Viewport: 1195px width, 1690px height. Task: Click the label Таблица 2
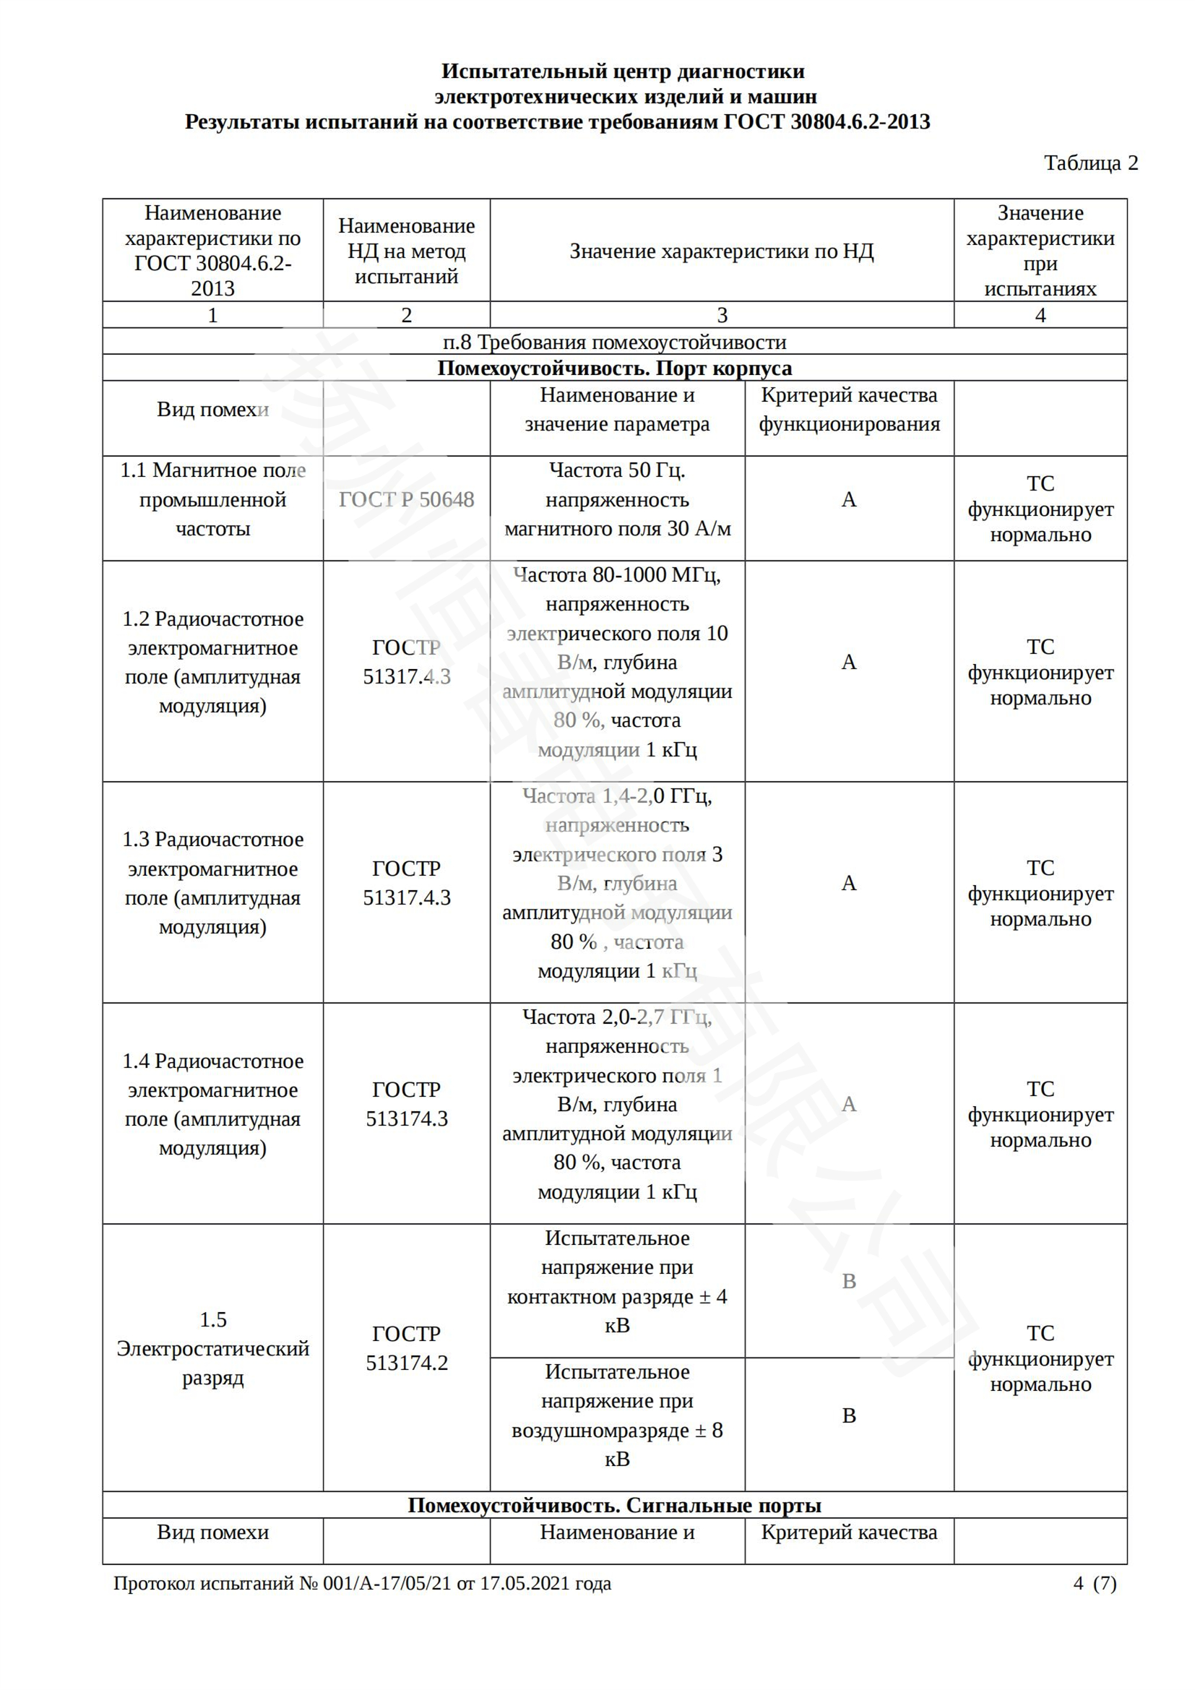[x=1090, y=163]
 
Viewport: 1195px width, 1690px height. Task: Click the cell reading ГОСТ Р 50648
[x=406, y=500]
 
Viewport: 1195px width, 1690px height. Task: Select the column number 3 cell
[x=722, y=315]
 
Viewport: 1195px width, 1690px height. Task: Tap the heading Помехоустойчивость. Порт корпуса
[x=614, y=368]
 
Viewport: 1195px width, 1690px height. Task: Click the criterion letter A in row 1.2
[x=848, y=663]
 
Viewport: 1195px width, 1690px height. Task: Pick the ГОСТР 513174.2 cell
[x=406, y=1348]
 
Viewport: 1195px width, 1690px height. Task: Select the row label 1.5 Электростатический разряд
[x=212, y=1348]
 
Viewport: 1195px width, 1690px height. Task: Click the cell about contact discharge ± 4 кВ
[x=616, y=1282]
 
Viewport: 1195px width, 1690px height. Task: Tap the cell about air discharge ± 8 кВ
[x=616, y=1415]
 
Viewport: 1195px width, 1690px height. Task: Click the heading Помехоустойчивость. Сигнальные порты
[x=614, y=1505]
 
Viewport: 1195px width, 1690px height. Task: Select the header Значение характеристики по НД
[x=722, y=251]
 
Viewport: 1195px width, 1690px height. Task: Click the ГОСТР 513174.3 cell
[x=406, y=1104]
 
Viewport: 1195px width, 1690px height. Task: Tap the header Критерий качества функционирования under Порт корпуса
[x=848, y=409]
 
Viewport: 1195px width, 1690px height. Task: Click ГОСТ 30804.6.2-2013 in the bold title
[x=827, y=121]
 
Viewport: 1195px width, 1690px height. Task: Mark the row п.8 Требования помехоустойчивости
[x=614, y=342]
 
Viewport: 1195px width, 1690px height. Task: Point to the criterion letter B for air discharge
[x=848, y=1415]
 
